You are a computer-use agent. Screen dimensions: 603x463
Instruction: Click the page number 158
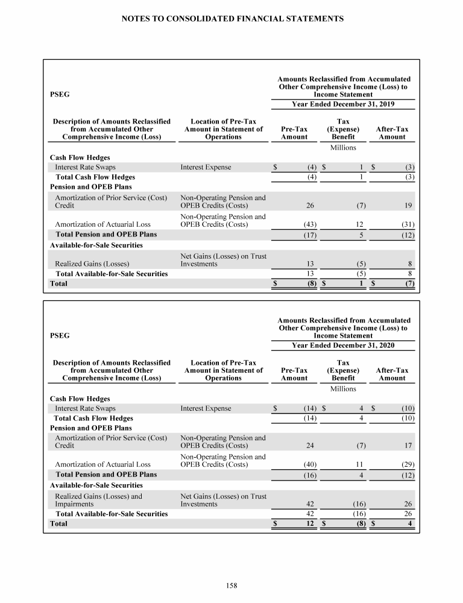coord(231,584)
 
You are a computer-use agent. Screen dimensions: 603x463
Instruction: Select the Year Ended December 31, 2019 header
coord(343,104)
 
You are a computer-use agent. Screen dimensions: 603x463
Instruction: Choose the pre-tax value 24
coord(311,446)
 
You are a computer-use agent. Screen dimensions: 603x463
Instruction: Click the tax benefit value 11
coord(359,465)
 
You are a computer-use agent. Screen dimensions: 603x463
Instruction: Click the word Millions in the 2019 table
coord(343,147)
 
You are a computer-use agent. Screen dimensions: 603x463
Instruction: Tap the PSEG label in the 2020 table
coord(59,335)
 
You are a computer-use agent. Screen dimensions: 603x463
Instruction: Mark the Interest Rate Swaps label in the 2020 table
coord(86,408)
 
